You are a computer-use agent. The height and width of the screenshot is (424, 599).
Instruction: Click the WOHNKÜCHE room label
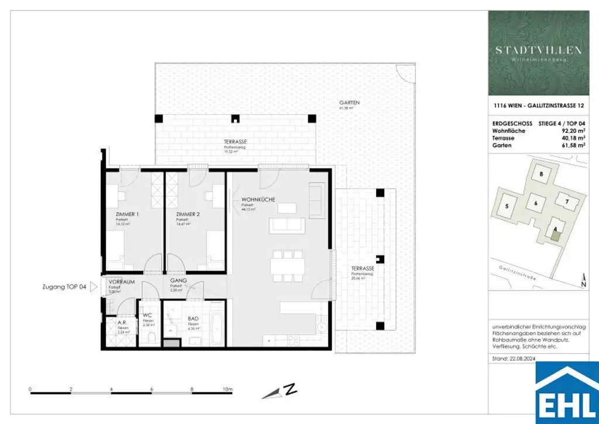click(258, 200)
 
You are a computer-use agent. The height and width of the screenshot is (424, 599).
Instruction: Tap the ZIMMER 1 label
click(128, 214)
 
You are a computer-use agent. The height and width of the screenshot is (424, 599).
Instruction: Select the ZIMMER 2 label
click(188, 214)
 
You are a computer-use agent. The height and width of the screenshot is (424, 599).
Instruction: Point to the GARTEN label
click(349, 102)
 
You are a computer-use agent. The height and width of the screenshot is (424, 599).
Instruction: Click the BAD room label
click(193, 320)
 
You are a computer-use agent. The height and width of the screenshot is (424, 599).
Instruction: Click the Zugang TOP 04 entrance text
click(64, 287)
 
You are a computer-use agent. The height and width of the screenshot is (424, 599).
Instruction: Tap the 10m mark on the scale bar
click(227, 389)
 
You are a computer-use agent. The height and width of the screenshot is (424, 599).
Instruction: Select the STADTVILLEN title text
click(539, 50)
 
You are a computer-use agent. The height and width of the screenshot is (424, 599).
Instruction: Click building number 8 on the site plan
click(542, 174)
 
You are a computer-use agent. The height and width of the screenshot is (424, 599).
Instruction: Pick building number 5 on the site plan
click(507, 206)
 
